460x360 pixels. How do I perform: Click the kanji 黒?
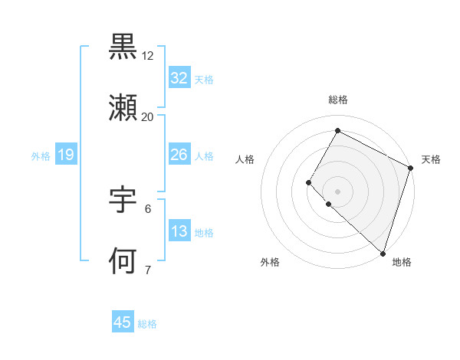(x=123, y=47)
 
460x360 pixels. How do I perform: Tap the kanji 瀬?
(x=123, y=108)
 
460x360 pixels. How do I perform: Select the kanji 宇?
(x=123, y=199)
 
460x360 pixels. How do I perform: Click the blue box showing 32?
(x=179, y=77)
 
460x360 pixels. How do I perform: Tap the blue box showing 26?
(x=179, y=154)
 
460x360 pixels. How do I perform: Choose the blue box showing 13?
(x=179, y=231)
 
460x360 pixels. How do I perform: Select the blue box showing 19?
(x=65, y=155)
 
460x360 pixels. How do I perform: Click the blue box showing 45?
(x=123, y=322)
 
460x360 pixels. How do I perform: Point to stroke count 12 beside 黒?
(x=148, y=56)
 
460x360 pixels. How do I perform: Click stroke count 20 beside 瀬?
(x=148, y=117)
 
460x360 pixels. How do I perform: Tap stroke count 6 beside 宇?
(x=148, y=208)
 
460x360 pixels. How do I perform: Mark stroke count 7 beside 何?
(x=148, y=270)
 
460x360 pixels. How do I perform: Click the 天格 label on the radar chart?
(x=431, y=159)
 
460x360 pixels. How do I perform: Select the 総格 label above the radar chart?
(x=338, y=100)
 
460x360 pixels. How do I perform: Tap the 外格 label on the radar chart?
(x=270, y=263)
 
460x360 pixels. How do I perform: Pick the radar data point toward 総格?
(x=337, y=130)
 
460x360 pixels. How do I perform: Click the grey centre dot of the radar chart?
(x=337, y=191)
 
